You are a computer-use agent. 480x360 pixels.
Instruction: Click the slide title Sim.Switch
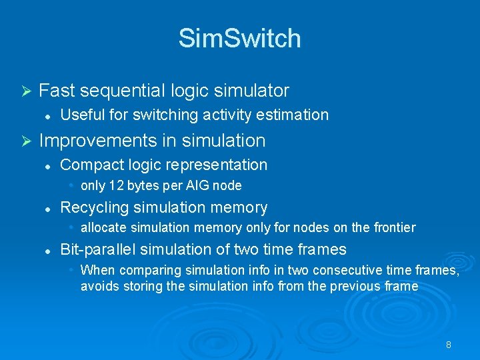pyautogui.click(x=239, y=39)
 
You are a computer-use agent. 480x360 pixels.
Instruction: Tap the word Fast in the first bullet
pyautogui.click(x=55, y=91)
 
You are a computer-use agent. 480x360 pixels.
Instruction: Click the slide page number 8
pyautogui.click(x=449, y=345)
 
